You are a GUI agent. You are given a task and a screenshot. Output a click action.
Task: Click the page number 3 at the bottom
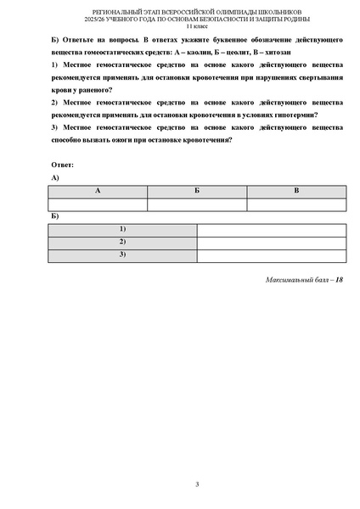197,484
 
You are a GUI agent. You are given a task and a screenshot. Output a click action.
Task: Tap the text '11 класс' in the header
196,28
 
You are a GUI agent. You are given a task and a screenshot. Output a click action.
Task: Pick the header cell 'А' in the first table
98,192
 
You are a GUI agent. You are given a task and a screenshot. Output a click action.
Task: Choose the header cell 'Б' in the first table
197,192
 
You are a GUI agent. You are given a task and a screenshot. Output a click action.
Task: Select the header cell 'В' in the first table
296,192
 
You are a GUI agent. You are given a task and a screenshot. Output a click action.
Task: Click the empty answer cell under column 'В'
296,204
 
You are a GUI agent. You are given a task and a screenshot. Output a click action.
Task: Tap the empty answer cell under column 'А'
98,204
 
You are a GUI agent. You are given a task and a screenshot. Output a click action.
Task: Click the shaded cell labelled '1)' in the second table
122,230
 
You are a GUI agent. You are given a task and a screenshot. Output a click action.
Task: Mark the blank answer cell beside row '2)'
271,243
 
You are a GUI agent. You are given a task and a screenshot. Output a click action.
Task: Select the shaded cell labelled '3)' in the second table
122,255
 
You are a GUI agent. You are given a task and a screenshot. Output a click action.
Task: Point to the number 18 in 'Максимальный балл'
340,279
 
